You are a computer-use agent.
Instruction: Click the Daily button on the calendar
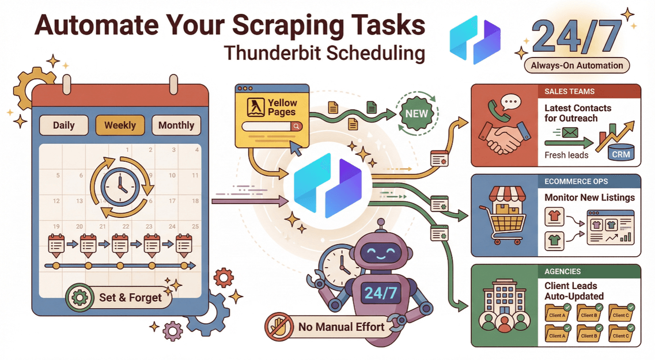pyautogui.click(x=63, y=125)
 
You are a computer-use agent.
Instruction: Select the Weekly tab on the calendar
pyautogui.click(x=120, y=125)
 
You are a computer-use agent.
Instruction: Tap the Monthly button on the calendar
pyautogui.click(x=176, y=125)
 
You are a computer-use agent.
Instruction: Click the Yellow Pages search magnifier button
pyautogui.click(x=296, y=126)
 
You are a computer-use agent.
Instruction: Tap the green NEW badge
pyautogui.click(x=415, y=113)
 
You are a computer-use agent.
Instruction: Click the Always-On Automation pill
pyautogui.click(x=577, y=65)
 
